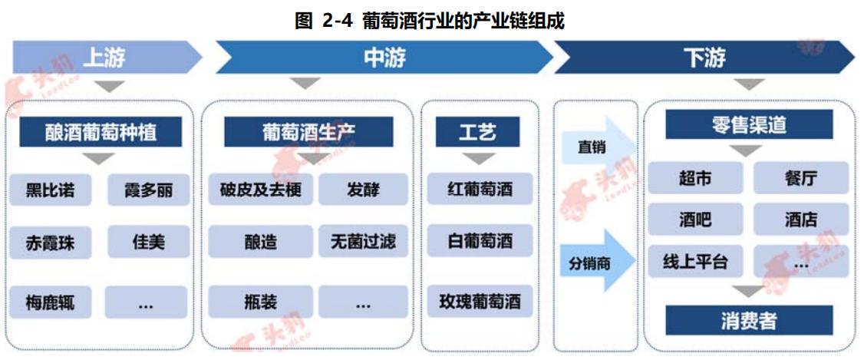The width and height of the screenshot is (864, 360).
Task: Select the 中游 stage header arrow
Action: (384, 57)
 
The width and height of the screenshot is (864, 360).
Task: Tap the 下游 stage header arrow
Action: (702, 57)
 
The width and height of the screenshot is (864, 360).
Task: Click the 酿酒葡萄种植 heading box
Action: (101, 132)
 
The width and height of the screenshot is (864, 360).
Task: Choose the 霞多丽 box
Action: (147, 190)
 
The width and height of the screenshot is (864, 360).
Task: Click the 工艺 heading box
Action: (477, 132)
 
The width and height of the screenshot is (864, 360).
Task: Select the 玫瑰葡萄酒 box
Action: (480, 301)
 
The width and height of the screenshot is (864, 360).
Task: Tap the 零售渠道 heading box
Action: (748, 125)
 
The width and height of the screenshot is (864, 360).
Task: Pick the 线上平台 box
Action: (694, 262)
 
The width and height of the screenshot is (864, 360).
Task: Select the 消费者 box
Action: (748, 320)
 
